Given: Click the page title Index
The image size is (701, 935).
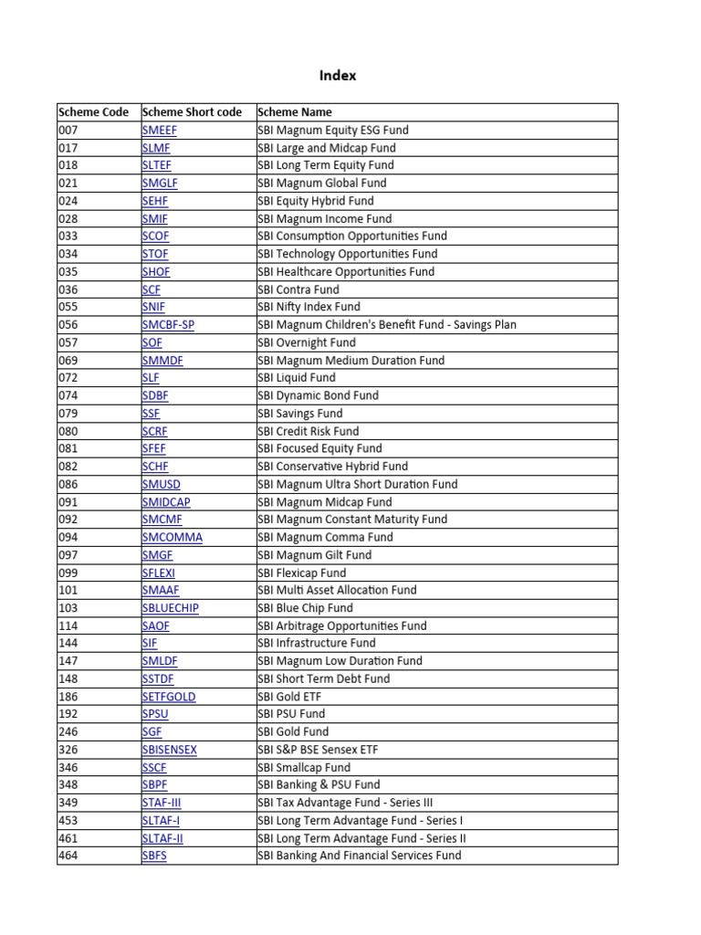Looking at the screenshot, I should (338, 76).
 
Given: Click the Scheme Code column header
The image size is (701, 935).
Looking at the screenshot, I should (93, 112).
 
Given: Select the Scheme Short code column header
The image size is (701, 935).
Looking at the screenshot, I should (193, 112).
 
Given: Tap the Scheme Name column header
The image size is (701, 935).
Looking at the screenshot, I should (295, 112).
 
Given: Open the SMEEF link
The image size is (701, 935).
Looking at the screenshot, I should (160, 130).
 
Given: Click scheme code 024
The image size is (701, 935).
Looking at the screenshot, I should (68, 201).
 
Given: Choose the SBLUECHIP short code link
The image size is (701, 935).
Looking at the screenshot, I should (171, 608).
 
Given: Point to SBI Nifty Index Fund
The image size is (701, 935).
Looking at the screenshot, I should (309, 307).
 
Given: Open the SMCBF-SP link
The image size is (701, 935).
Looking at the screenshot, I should (169, 325).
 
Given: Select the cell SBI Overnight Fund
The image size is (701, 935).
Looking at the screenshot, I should (306, 342).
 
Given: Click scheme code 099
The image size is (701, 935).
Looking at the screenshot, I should (68, 573).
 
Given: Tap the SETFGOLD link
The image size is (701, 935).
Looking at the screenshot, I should (169, 697).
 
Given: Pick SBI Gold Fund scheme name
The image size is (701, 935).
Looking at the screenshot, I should (293, 731).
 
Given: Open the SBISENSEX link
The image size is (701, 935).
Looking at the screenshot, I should (170, 750).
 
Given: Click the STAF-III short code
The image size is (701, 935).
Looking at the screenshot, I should (162, 803).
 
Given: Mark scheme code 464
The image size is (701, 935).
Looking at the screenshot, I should (68, 856).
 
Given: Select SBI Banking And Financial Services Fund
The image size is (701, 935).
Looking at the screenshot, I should (359, 856).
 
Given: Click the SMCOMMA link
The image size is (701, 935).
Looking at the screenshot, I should (173, 537).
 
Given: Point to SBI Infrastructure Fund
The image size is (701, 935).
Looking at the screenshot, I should (316, 643).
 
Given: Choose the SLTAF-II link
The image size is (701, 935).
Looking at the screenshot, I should (162, 838).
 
